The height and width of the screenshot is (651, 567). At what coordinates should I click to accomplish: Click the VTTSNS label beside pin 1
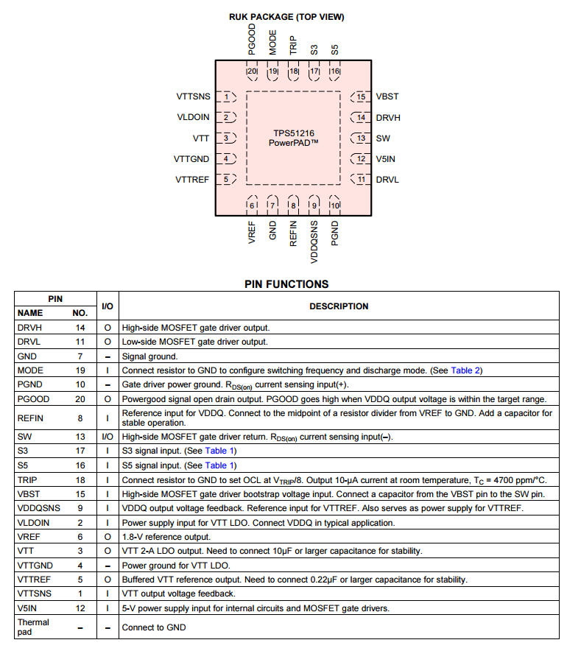(x=193, y=96)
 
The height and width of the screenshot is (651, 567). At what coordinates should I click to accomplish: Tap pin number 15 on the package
(x=361, y=96)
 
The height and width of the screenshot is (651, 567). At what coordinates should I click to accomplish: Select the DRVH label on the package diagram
(x=388, y=117)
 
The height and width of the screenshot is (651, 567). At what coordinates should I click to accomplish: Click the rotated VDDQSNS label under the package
(x=314, y=242)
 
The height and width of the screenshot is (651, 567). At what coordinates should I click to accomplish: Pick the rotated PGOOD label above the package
(x=252, y=39)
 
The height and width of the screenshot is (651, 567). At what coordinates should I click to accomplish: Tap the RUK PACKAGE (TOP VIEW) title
(x=286, y=17)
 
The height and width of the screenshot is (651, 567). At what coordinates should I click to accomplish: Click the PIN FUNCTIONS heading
(x=286, y=284)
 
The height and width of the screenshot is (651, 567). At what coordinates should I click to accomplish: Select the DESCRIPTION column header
(x=339, y=306)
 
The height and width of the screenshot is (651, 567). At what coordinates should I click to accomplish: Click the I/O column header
(x=108, y=306)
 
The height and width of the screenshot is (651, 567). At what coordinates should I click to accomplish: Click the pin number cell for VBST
(x=80, y=494)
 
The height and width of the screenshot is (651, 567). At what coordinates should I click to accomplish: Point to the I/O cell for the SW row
(x=108, y=437)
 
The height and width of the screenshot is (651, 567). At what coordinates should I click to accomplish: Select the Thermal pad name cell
(x=33, y=627)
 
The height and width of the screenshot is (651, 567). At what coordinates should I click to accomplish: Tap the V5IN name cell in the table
(x=29, y=608)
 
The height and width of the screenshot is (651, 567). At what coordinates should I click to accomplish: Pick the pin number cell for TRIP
(x=80, y=479)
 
